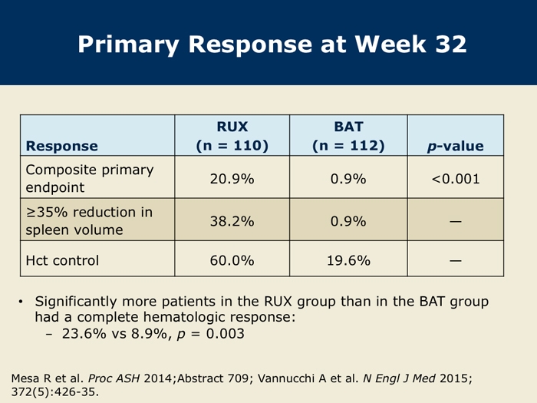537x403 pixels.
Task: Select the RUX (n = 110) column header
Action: coord(232,136)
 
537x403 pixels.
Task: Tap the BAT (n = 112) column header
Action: coord(348,136)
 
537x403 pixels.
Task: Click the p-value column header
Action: coord(455,146)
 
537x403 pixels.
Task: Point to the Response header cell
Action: coord(62,146)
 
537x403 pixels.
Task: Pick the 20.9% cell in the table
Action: coord(232,179)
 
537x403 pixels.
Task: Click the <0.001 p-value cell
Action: coord(456,179)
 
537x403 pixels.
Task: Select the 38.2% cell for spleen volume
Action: coord(232,221)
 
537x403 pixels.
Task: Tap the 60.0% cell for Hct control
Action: coord(232,260)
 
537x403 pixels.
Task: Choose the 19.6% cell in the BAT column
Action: coord(348,260)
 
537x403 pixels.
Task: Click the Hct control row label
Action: coord(62,260)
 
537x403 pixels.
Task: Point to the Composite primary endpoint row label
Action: coord(90,179)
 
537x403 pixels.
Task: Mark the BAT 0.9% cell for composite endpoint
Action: coord(348,179)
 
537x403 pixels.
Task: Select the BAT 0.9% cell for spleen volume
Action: coord(348,221)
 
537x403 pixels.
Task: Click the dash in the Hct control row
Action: coord(456,261)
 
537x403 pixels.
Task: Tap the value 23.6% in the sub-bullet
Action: coord(84,333)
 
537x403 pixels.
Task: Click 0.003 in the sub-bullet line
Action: coord(226,333)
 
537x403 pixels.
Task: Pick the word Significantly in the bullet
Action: coord(76,302)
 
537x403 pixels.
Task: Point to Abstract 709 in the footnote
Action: coord(212,378)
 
